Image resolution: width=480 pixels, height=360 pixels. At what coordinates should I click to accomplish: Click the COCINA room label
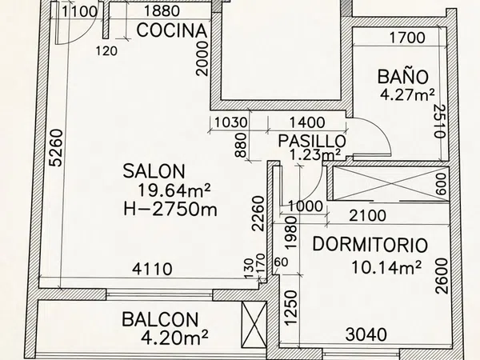coord(172,30)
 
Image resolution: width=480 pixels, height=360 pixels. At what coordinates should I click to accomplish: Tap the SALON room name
coord(154,171)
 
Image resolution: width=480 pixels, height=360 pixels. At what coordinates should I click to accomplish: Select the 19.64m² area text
coord(174,190)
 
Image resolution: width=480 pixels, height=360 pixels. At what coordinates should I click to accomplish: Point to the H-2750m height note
coord(170,210)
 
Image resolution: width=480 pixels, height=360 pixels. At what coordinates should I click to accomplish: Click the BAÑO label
coord(403,77)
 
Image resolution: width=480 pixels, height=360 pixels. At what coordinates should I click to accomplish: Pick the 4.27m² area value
coord(407,95)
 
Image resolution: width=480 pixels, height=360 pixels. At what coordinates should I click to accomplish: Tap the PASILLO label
coord(312,141)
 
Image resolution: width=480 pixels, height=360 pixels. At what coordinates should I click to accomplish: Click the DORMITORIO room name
coord(370,245)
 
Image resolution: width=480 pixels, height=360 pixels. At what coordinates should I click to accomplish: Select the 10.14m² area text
coord(386,267)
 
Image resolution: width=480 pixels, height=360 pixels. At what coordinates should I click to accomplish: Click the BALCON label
coord(160,319)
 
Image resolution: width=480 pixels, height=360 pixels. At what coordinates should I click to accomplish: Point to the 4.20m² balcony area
coord(174,338)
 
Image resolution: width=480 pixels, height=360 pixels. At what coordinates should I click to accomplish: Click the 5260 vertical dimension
coord(56,148)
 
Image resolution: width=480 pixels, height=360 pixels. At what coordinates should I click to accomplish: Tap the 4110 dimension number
coord(152,269)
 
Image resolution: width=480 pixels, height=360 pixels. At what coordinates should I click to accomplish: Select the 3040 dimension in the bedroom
coord(366,334)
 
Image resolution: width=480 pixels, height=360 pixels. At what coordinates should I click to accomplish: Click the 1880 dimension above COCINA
coord(162,11)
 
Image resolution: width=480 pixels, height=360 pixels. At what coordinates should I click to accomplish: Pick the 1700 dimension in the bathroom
coord(407,38)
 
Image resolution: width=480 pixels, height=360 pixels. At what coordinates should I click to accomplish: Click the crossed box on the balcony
coord(254,325)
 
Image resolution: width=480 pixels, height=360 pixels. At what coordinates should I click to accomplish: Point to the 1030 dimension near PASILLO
coord(230,122)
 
